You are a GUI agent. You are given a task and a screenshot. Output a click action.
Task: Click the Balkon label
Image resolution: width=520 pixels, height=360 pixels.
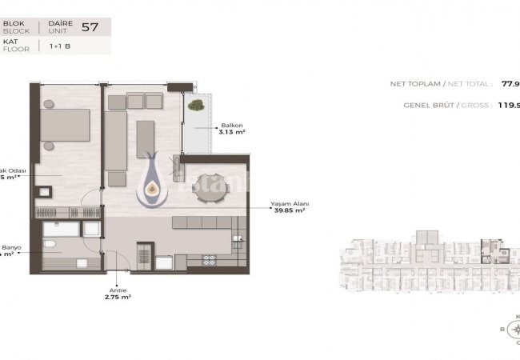click(230, 125)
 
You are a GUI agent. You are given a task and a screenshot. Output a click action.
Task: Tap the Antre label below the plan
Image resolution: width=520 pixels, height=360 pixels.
click(118, 290)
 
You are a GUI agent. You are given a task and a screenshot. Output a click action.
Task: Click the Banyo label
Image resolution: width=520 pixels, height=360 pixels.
click(11, 247)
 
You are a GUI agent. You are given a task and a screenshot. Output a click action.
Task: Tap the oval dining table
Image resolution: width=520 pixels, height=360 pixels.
click(212, 186)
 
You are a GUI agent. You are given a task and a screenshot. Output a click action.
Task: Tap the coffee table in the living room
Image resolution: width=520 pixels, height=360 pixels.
click(145, 132)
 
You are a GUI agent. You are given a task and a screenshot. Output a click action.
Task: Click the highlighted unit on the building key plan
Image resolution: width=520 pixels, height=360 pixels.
click(490, 250)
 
